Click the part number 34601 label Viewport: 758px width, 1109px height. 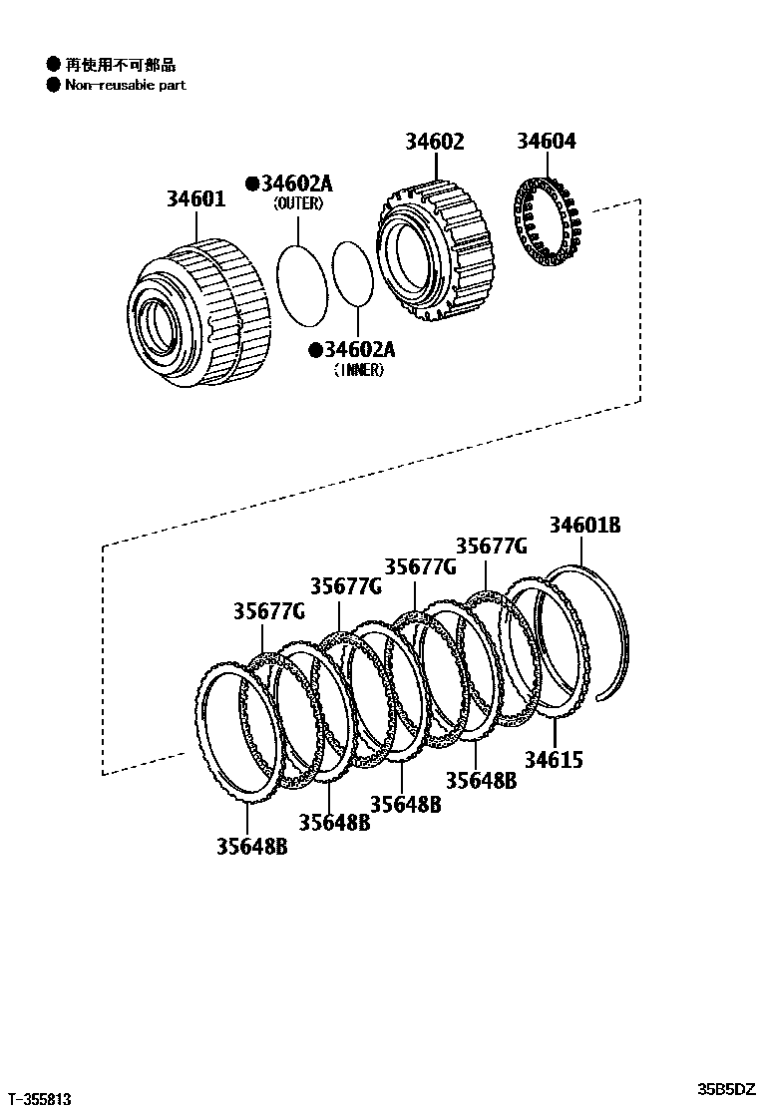[x=195, y=199]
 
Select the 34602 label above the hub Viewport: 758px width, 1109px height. [x=434, y=142]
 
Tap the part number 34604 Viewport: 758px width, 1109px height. [x=546, y=142]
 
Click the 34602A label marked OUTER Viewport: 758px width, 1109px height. [x=296, y=185]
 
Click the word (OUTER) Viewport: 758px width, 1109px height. [x=298, y=204]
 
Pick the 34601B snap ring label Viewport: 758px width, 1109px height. [x=584, y=525]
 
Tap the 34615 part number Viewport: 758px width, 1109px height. [x=554, y=760]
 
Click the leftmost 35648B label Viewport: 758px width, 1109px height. [x=252, y=846]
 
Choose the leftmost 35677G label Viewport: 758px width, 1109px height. [x=269, y=610]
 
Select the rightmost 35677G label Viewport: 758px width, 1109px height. [x=491, y=546]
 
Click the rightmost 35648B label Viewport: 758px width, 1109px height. [x=481, y=780]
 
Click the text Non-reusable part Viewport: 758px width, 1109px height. [x=126, y=85]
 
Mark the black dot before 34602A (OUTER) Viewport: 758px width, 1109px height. [x=252, y=185]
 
